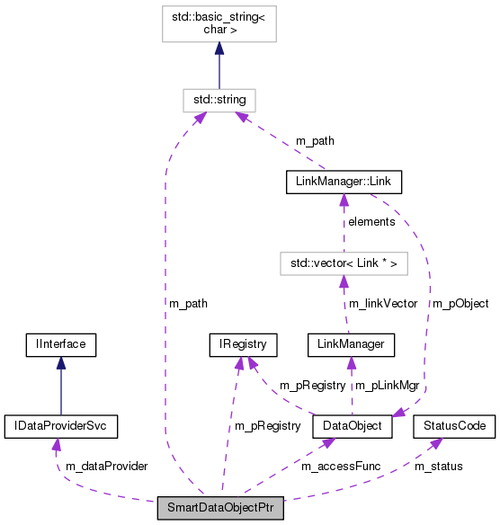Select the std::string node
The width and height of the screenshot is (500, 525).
[219, 98]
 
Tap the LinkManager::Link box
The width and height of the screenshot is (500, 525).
[342, 182]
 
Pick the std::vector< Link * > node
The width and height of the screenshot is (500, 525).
[342, 262]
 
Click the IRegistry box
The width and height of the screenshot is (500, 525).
[242, 343]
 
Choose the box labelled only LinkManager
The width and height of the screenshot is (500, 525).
[351, 343]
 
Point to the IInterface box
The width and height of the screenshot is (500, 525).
[60, 343]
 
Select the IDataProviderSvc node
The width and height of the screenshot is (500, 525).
[60, 424]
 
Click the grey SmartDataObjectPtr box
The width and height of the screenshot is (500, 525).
[220, 507]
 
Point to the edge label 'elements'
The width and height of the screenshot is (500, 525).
[372, 221]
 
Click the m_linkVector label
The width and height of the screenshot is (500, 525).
[383, 303]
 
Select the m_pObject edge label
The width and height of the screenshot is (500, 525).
[460, 303]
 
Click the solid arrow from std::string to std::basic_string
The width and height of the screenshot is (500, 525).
[219, 65]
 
